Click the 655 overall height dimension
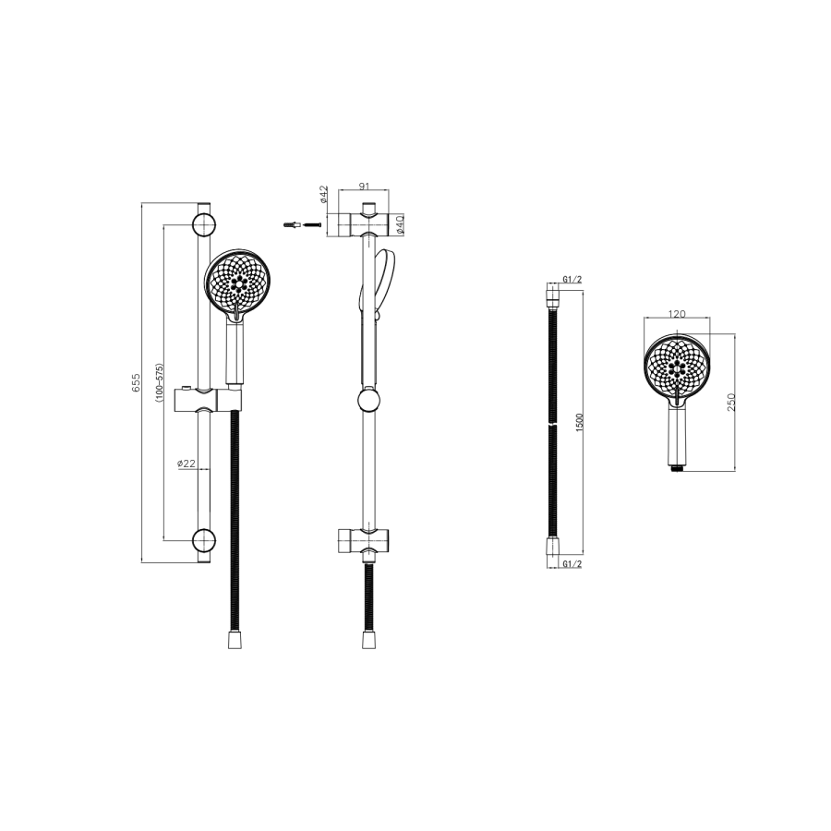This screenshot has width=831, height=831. tap(135, 383)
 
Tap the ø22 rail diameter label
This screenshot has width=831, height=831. tap(187, 464)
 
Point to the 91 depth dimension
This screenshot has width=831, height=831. tap(365, 185)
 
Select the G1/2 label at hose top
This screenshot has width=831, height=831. tap(572, 279)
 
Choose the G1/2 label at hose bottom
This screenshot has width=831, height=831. tap(572, 563)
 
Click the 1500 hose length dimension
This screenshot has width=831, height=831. tap(579, 426)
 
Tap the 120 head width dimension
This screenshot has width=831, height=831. tap(677, 314)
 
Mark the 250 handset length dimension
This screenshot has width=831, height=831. tap(729, 403)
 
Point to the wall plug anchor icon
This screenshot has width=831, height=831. tap(292, 223)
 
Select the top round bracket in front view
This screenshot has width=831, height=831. tap(204, 224)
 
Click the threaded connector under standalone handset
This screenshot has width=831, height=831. tap(678, 467)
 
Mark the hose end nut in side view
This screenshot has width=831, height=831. tap(369, 638)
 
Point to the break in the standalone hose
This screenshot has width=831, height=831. tap(551, 424)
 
